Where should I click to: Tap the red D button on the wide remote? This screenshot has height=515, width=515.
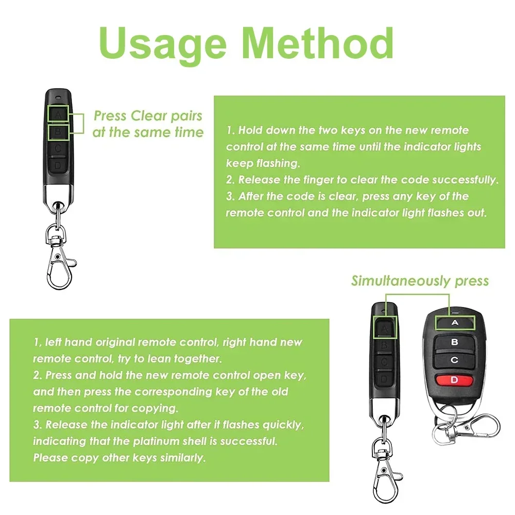point(454,380)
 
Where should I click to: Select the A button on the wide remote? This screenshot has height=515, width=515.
point(454,323)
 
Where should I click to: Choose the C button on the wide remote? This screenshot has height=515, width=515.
point(454,360)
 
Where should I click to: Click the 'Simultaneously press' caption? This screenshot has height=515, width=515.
point(420,281)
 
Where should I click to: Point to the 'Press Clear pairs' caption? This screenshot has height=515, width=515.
point(148,116)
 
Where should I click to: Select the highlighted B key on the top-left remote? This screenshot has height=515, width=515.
point(59,132)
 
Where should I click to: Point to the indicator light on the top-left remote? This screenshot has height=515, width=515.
point(59,97)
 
